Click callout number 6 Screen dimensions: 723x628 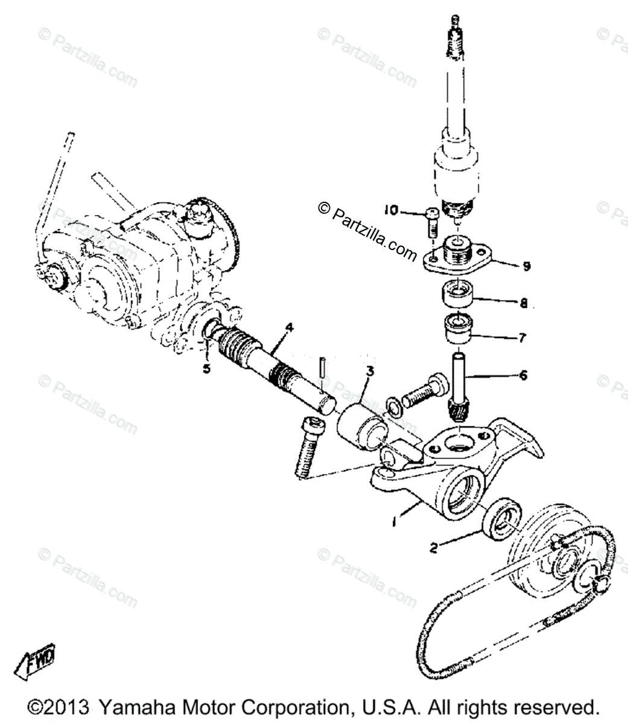(x=522, y=375)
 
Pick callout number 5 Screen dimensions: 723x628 (x=206, y=369)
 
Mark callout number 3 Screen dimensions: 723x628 (x=369, y=372)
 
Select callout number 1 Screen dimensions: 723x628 (x=394, y=523)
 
